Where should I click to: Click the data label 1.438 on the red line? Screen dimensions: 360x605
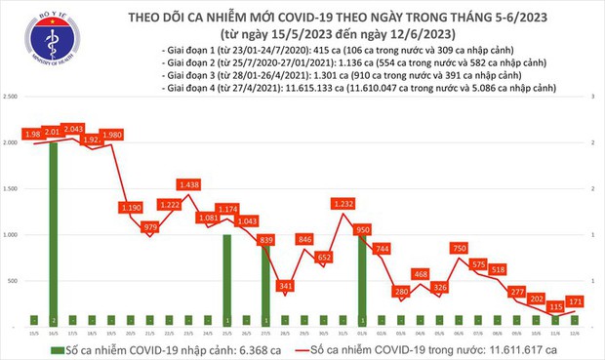191,183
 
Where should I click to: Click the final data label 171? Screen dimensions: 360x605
576,300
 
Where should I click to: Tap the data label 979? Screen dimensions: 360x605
150,227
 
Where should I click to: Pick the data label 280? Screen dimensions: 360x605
401,292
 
